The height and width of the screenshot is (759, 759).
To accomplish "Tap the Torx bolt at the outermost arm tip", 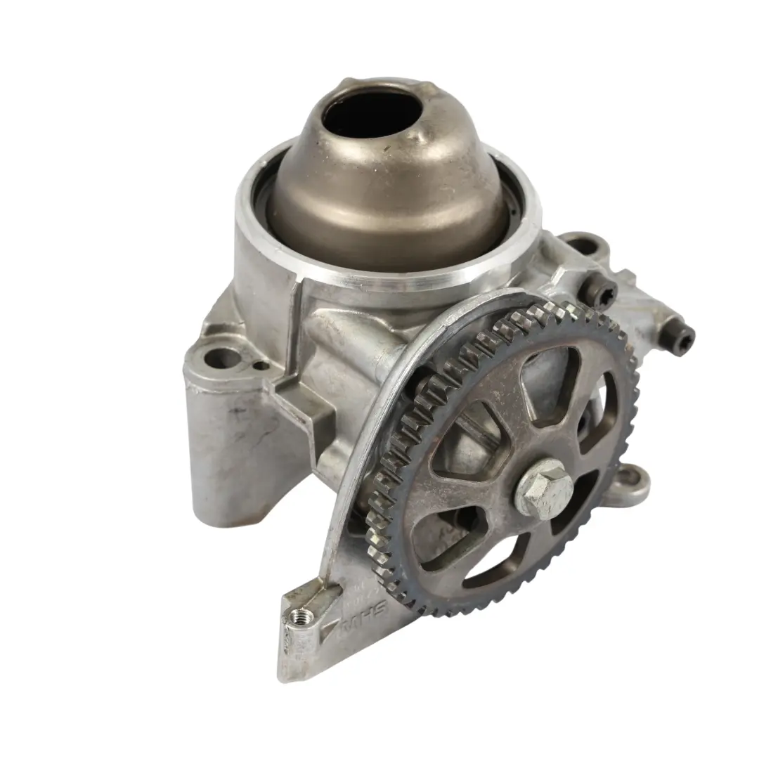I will [681, 340].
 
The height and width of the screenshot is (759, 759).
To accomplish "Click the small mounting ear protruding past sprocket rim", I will [632, 482].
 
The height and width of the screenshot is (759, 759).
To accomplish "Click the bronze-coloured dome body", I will [394, 197].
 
